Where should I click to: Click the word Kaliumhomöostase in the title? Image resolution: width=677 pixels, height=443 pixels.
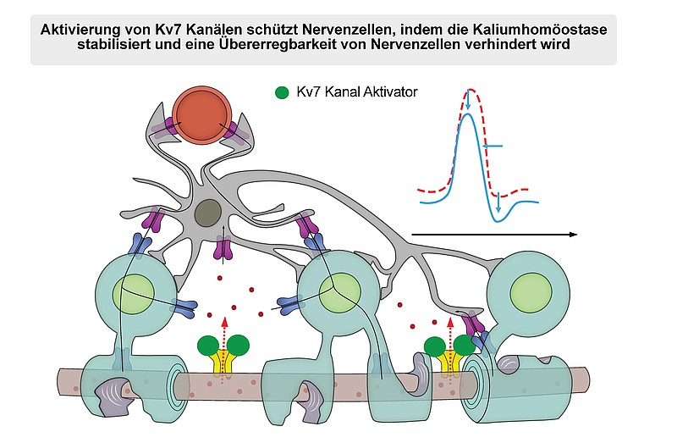click(x=540, y=30)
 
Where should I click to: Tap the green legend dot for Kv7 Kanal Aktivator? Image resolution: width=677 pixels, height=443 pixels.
click(x=282, y=92)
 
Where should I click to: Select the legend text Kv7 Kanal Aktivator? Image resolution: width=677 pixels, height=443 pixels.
click(x=357, y=92)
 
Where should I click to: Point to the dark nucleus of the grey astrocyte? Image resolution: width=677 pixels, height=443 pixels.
click(x=208, y=213)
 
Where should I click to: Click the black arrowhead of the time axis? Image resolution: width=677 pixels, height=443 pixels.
click(x=574, y=235)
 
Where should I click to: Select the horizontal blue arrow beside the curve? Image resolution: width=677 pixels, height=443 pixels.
click(x=493, y=147)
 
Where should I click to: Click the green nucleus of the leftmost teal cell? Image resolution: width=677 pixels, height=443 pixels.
click(x=134, y=294)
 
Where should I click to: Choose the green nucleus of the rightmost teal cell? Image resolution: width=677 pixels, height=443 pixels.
click(x=531, y=292)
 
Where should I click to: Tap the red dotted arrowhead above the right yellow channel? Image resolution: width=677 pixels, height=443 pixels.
click(x=450, y=322)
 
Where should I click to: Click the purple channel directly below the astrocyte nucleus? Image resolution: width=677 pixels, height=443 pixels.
click(x=223, y=249)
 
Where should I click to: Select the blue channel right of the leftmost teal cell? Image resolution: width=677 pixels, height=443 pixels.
click(x=184, y=307)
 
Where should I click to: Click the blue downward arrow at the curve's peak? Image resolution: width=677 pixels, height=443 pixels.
click(x=469, y=100)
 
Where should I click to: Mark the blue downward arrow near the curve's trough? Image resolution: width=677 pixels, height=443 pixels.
click(x=498, y=202)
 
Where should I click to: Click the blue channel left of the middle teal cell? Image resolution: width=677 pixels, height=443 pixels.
click(x=290, y=305)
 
